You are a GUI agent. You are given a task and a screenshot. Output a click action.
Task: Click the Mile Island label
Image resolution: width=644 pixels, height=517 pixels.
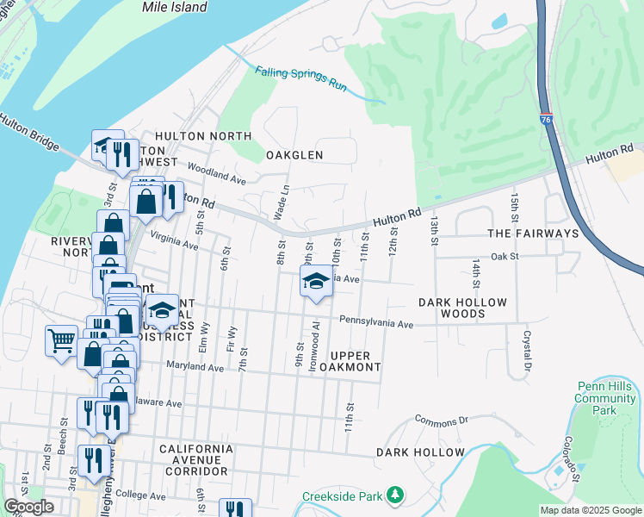point(175,8)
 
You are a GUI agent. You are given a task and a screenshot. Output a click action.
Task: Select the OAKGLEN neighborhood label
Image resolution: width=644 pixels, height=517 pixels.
point(294,155)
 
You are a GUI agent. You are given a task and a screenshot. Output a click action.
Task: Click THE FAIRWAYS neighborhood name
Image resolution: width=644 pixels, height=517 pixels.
point(533,234)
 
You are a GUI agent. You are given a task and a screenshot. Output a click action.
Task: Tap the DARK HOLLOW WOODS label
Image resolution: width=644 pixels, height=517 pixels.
point(462,308)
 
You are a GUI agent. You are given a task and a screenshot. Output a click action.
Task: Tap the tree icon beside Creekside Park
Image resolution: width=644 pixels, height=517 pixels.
point(394,495)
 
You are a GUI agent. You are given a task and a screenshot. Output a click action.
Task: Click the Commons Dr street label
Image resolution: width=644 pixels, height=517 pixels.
point(440,420)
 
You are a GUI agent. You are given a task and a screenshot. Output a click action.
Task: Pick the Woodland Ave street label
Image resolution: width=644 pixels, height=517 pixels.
point(215,177)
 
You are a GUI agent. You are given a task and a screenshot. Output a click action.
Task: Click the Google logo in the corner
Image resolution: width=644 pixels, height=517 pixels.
point(28,507)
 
